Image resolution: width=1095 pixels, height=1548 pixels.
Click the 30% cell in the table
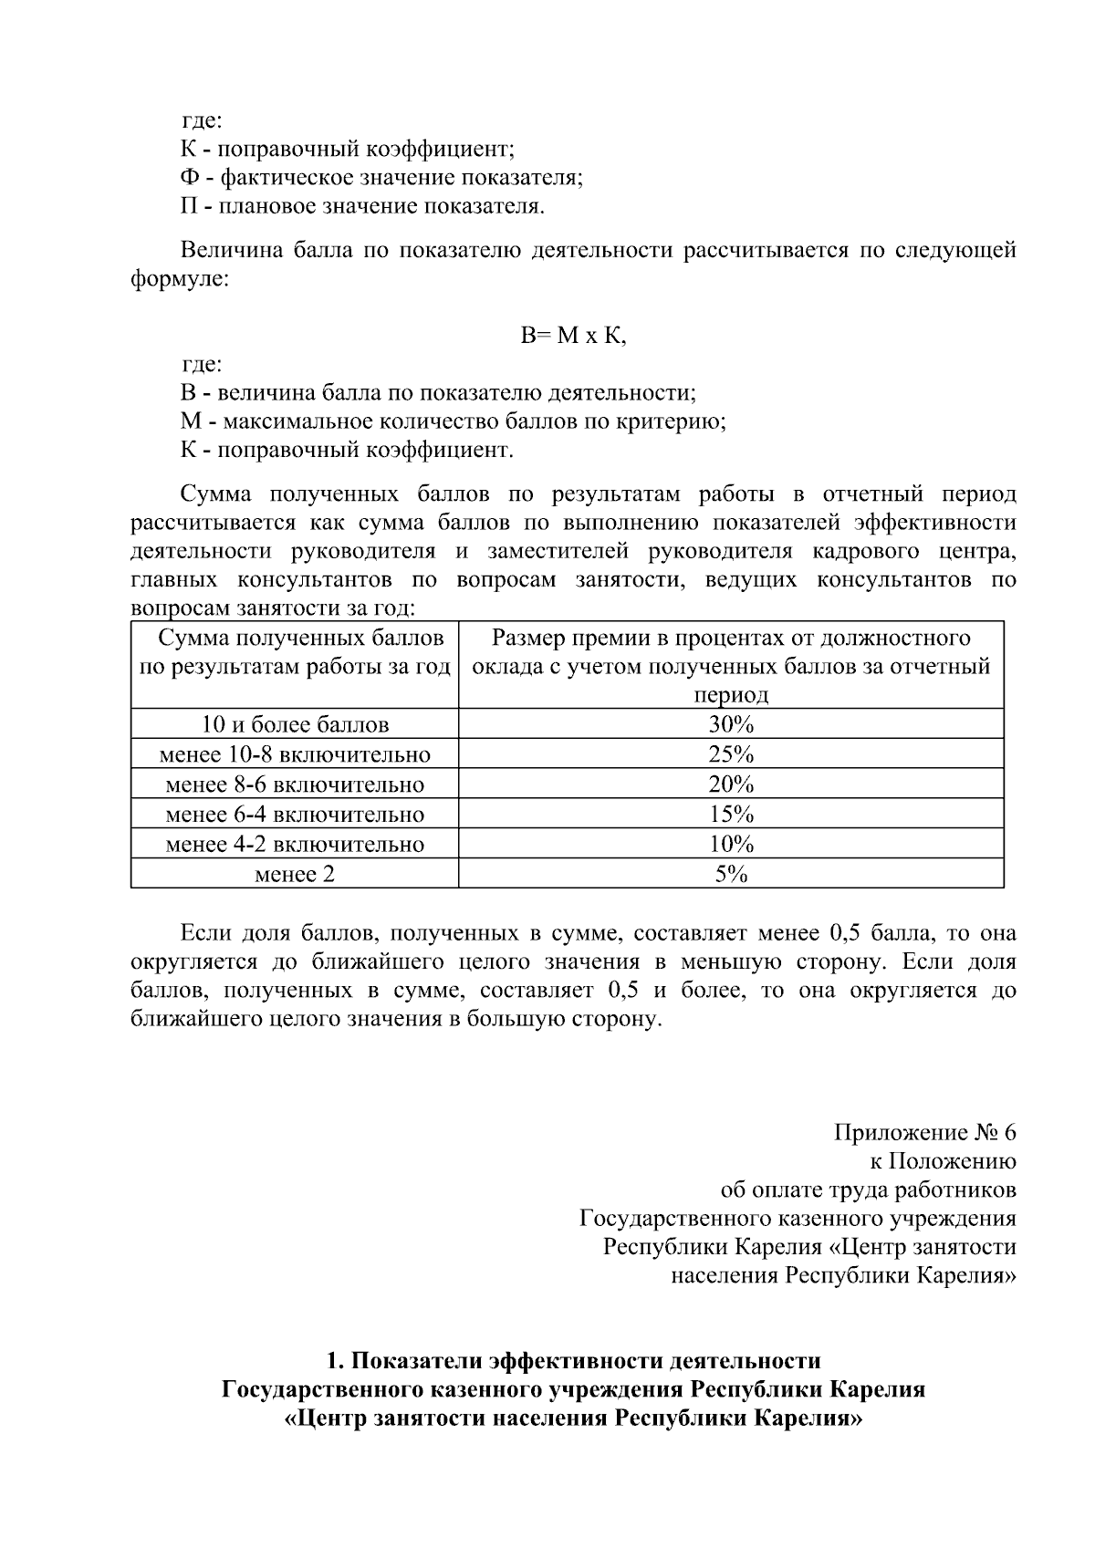click(x=731, y=725)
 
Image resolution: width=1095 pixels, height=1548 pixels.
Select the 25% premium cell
click(x=731, y=755)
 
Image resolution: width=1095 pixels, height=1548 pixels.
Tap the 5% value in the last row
click(x=731, y=874)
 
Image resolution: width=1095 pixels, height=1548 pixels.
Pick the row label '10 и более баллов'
click(x=295, y=725)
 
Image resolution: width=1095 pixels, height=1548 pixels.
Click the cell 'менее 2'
click(x=295, y=874)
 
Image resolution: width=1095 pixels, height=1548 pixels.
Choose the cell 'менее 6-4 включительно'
click(x=295, y=815)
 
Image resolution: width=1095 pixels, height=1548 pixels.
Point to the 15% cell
click(x=731, y=815)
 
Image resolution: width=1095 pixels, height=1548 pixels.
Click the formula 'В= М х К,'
click(x=574, y=336)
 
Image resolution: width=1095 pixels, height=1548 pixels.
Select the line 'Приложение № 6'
click(x=924, y=1133)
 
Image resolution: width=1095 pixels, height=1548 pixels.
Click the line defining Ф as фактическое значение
click(x=381, y=177)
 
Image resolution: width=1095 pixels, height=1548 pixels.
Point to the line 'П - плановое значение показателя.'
click(x=361, y=206)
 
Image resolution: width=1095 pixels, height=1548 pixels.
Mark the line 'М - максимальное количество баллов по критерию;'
click(x=453, y=421)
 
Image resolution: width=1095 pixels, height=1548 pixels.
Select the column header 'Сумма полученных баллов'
click(x=295, y=639)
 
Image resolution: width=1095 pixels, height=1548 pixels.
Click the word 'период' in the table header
click(x=731, y=695)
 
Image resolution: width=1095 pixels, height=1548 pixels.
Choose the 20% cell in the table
click(x=731, y=784)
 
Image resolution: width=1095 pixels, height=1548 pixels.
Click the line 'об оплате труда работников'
click(x=868, y=1190)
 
